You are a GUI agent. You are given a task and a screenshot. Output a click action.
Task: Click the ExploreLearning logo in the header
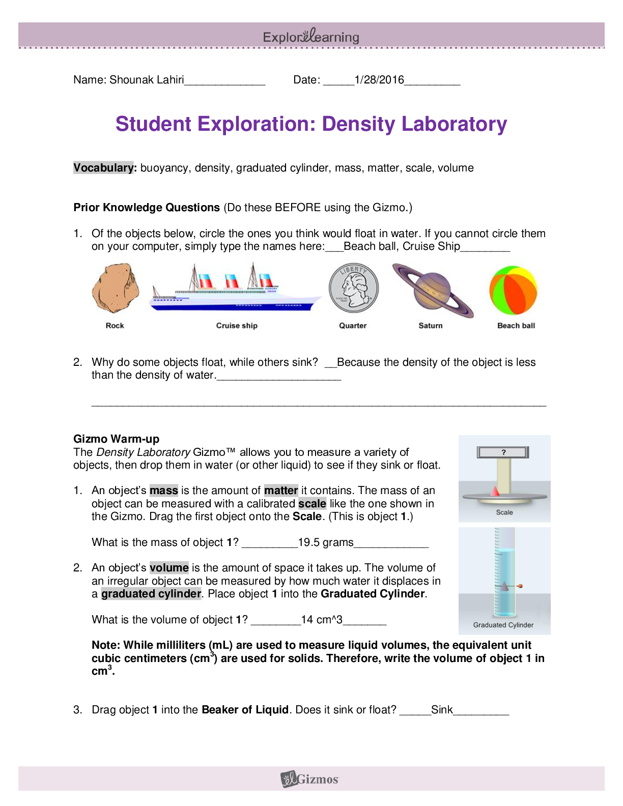311,36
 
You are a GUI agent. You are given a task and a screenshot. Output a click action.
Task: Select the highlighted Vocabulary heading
103,168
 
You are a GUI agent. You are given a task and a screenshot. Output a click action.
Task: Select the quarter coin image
353,289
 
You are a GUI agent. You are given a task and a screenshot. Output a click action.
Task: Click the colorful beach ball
513,290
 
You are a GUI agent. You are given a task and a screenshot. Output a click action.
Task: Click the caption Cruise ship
237,326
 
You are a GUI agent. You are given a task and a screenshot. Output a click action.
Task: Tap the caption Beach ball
516,326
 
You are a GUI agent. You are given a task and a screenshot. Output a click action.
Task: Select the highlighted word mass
164,491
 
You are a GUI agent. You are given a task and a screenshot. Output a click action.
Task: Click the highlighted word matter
281,491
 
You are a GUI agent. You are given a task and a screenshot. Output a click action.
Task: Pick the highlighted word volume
169,568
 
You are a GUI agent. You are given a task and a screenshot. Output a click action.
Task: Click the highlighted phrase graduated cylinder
151,594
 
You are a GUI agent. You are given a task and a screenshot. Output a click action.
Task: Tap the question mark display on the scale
503,452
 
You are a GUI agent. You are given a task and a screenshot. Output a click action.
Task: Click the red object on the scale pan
494,492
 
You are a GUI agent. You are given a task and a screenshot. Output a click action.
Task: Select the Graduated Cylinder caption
503,625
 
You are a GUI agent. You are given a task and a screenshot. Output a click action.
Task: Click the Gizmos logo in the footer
310,779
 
